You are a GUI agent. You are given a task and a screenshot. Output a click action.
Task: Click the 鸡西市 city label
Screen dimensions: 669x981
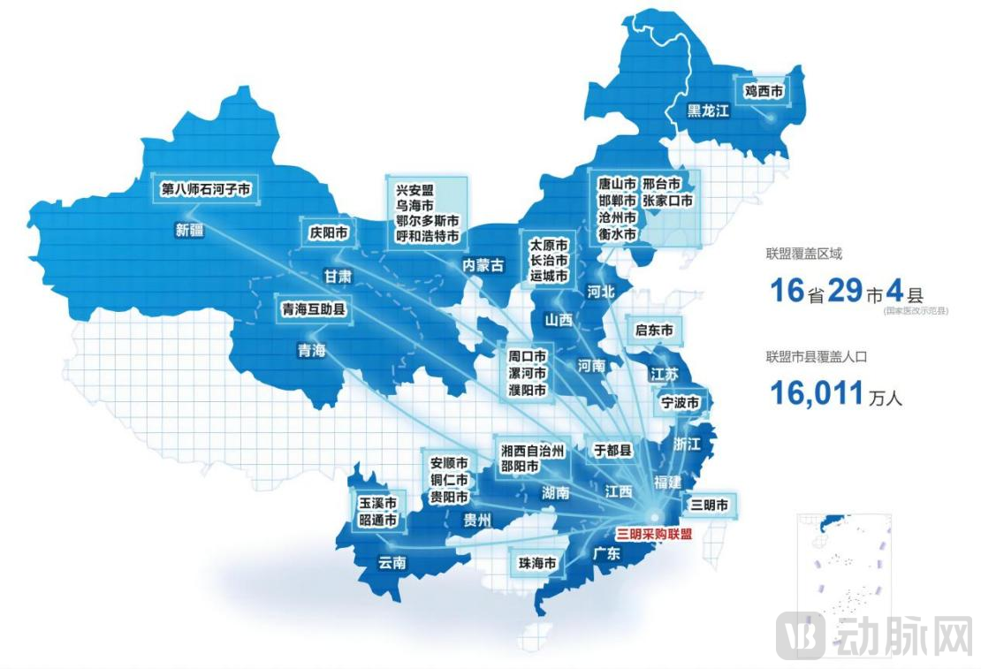tap(763, 89)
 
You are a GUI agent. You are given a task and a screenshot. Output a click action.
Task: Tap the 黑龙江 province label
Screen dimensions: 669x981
tap(709, 110)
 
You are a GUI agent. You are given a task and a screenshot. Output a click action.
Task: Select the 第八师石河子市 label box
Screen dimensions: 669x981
tap(206, 188)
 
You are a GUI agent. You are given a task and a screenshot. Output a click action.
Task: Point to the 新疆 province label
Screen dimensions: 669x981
tap(190, 231)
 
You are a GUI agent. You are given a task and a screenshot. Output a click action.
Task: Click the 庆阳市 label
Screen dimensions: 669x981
tap(329, 233)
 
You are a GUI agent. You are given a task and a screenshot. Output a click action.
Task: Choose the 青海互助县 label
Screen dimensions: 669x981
tap(313, 309)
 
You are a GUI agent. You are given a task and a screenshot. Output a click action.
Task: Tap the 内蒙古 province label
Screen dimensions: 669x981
tap(483, 265)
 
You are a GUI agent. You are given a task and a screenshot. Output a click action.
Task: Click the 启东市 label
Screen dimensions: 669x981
tap(654, 331)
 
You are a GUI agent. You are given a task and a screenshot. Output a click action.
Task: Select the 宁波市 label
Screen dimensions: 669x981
tap(681, 403)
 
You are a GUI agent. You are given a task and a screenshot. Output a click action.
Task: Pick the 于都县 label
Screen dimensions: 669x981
tap(612, 450)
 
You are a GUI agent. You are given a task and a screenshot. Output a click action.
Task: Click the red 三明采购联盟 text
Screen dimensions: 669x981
tap(654, 534)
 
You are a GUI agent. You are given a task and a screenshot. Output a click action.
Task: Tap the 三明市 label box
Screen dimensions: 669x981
tap(710, 506)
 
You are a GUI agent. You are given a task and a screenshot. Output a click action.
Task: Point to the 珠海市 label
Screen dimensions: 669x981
tap(538, 563)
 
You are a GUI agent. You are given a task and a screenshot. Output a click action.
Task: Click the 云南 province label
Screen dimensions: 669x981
tap(392, 565)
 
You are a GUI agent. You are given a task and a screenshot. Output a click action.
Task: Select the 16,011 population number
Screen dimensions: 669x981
tap(816, 392)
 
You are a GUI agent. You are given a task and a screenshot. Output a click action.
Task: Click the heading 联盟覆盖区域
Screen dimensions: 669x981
tap(803, 254)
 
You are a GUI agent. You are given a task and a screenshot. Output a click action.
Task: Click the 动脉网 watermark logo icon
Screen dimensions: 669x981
tap(801, 635)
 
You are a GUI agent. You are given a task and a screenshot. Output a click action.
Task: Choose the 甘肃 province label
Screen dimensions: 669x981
tap(337, 277)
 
